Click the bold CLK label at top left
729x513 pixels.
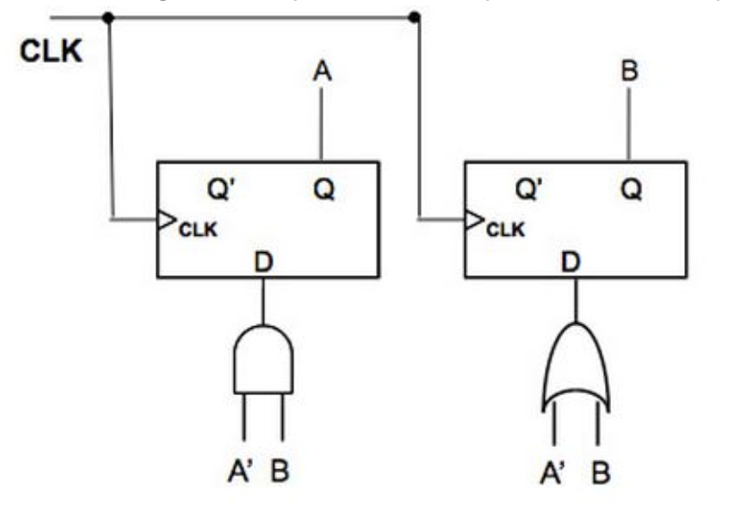click(x=52, y=52)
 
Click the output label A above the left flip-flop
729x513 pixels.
click(x=322, y=72)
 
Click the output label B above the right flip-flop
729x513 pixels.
click(x=630, y=72)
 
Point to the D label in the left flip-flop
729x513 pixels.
click(x=263, y=263)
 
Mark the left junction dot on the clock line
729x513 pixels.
click(x=109, y=17)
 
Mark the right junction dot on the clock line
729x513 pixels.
click(x=414, y=17)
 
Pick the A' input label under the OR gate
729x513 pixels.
click(x=552, y=471)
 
